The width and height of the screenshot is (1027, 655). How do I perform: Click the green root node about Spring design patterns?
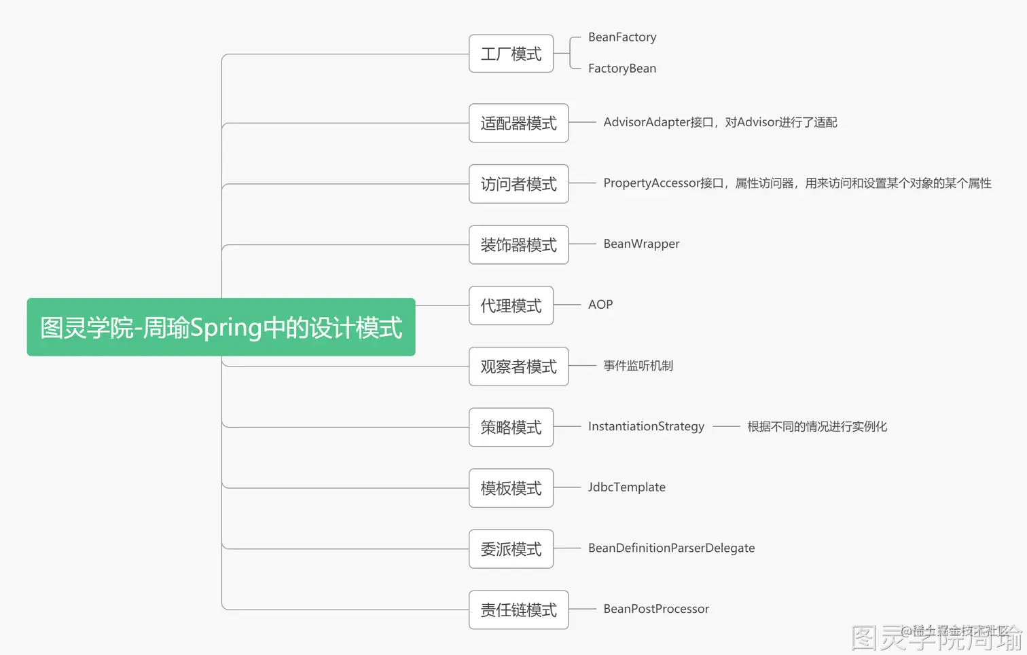click(221, 327)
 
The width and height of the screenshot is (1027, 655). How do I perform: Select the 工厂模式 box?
click(511, 54)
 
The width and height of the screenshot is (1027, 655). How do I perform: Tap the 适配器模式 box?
click(518, 123)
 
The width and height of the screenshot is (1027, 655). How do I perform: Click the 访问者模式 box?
click(518, 184)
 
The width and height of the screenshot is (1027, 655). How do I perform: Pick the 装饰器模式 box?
click(518, 245)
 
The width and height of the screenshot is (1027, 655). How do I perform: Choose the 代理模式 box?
click(511, 305)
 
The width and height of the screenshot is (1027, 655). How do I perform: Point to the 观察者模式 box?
click(518, 367)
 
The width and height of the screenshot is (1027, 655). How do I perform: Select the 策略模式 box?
click(511, 427)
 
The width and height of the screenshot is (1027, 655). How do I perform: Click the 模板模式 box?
click(511, 488)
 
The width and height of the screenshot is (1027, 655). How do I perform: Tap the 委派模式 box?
click(511, 548)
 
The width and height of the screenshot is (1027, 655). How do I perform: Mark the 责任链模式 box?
click(518, 610)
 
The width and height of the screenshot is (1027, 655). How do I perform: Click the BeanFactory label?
click(622, 37)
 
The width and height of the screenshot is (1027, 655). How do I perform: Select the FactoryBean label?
click(622, 69)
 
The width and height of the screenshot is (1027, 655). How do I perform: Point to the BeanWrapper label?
click(641, 244)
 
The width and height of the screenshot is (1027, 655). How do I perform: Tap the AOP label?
click(600, 305)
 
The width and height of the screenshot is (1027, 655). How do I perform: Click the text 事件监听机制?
click(638, 366)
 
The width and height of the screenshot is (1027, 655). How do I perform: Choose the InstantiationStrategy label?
click(646, 426)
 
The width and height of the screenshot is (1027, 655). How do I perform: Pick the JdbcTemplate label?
click(626, 487)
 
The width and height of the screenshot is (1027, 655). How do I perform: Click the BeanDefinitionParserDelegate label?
click(671, 548)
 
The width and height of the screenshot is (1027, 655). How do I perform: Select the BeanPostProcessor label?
click(656, 609)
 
